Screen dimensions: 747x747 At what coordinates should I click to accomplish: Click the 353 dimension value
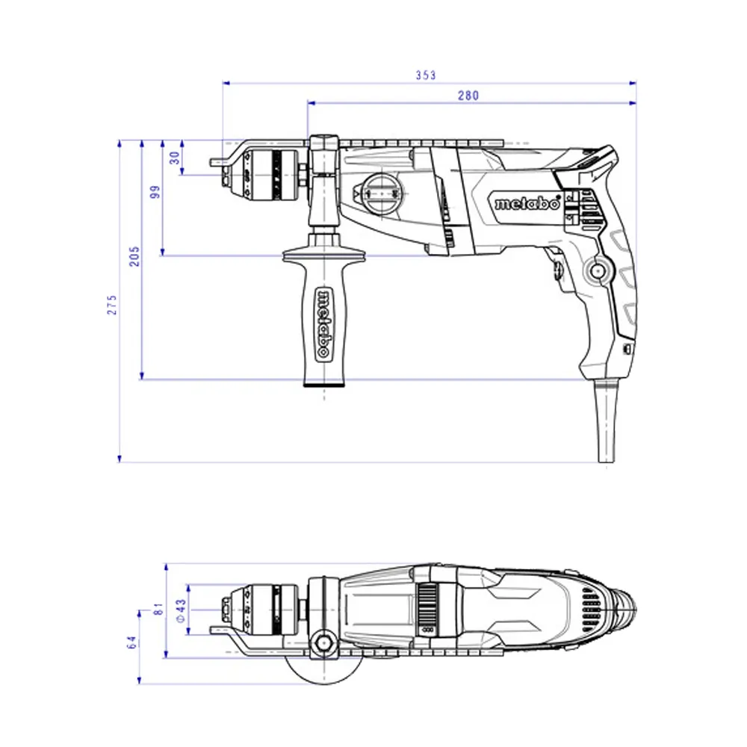point(426,75)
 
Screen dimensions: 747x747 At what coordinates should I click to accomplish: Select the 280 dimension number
point(468,96)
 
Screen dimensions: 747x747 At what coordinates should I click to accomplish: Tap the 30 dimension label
point(175,158)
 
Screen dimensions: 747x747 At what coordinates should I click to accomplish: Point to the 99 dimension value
point(155,192)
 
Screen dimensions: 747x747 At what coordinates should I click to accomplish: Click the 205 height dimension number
point(134,256)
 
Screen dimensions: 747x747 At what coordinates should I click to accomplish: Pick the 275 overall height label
point(112,305)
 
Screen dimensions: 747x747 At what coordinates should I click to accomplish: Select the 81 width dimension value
point(158,609)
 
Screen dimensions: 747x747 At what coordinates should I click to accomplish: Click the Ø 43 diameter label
point(181,611)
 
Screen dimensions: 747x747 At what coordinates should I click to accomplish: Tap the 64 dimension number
point(132,642)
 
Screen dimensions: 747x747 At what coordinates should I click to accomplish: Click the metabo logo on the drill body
point(527,203)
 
